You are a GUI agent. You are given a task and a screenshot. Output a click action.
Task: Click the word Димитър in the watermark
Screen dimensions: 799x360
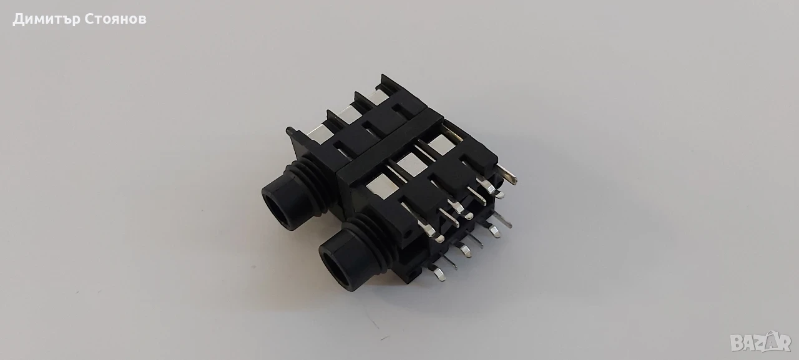[46, 19]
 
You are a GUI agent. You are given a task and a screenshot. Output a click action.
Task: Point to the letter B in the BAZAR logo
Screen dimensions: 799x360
[737, 344]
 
